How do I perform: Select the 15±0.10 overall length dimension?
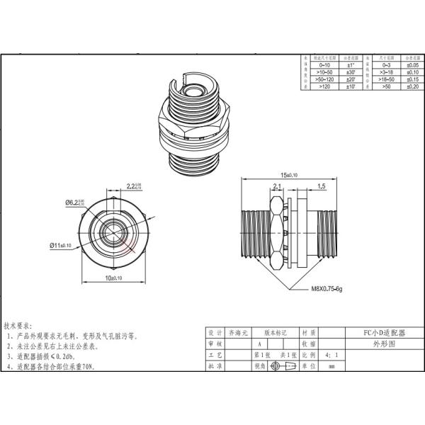(x=289, y=174)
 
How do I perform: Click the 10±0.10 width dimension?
(x=113, y=278)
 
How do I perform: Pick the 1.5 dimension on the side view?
(x=321, y=187)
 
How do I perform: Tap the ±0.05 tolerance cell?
(x=410, y=64)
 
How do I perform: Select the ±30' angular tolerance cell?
(x=349, y=72)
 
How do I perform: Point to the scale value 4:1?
(x=331, y=354)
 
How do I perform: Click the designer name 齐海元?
(x=233, y=331)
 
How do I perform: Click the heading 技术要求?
(x=18, y=325)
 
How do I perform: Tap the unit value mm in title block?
(x=331, y=366)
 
